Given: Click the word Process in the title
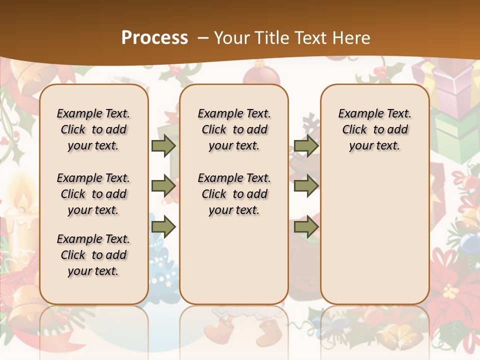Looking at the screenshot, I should pos(154,38).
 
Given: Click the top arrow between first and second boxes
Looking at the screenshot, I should pos(163,146).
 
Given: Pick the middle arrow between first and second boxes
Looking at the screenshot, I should pos(163,186).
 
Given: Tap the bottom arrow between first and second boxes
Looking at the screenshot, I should pos(163,227).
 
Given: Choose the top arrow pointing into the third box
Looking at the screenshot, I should pos(305,146).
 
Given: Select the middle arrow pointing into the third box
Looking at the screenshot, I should pos(305,186).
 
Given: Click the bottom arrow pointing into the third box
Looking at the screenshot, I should pos(305,227).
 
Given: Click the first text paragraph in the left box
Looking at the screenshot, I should pos(93,129).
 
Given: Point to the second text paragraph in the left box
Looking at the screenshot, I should pos(93,194).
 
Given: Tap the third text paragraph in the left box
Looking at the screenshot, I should pos(93,255).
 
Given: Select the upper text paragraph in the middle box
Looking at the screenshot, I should pos(234,129).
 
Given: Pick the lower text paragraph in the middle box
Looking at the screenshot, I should pos(234,194).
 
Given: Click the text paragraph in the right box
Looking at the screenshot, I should pos(374,129).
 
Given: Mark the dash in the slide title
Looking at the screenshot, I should pos(203,38).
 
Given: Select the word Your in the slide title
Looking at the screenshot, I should pos(230,38).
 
